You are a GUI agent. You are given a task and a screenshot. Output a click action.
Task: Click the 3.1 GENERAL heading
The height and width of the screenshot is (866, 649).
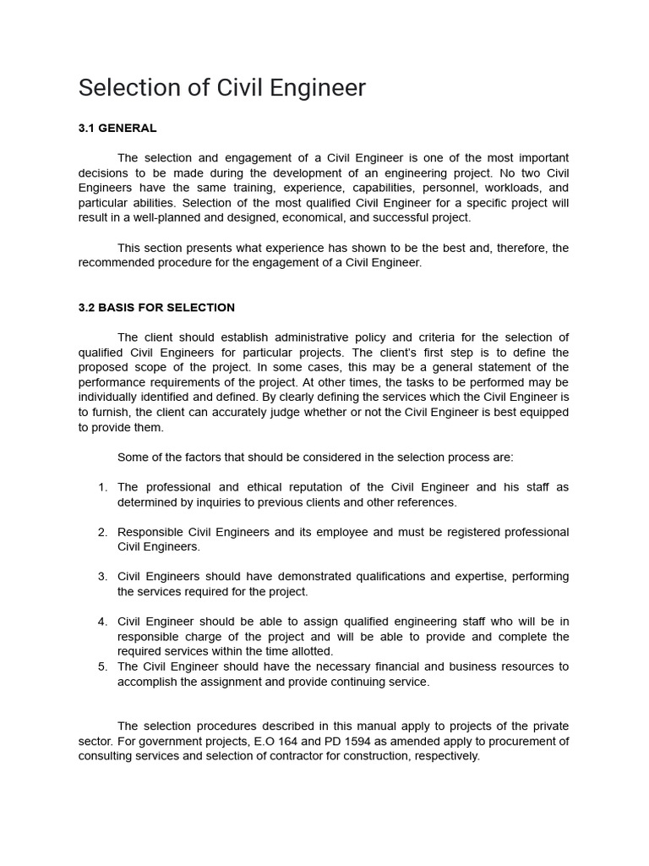[117, 129]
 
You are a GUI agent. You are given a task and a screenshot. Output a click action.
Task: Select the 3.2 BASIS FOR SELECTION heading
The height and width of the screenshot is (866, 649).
[156, 307]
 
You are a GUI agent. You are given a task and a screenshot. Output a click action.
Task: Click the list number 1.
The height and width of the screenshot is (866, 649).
[102, 487]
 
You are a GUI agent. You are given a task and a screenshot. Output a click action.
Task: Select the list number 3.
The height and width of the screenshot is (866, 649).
[102, 576]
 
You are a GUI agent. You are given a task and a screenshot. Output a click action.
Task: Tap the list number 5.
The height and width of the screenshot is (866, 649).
[102, 666]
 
